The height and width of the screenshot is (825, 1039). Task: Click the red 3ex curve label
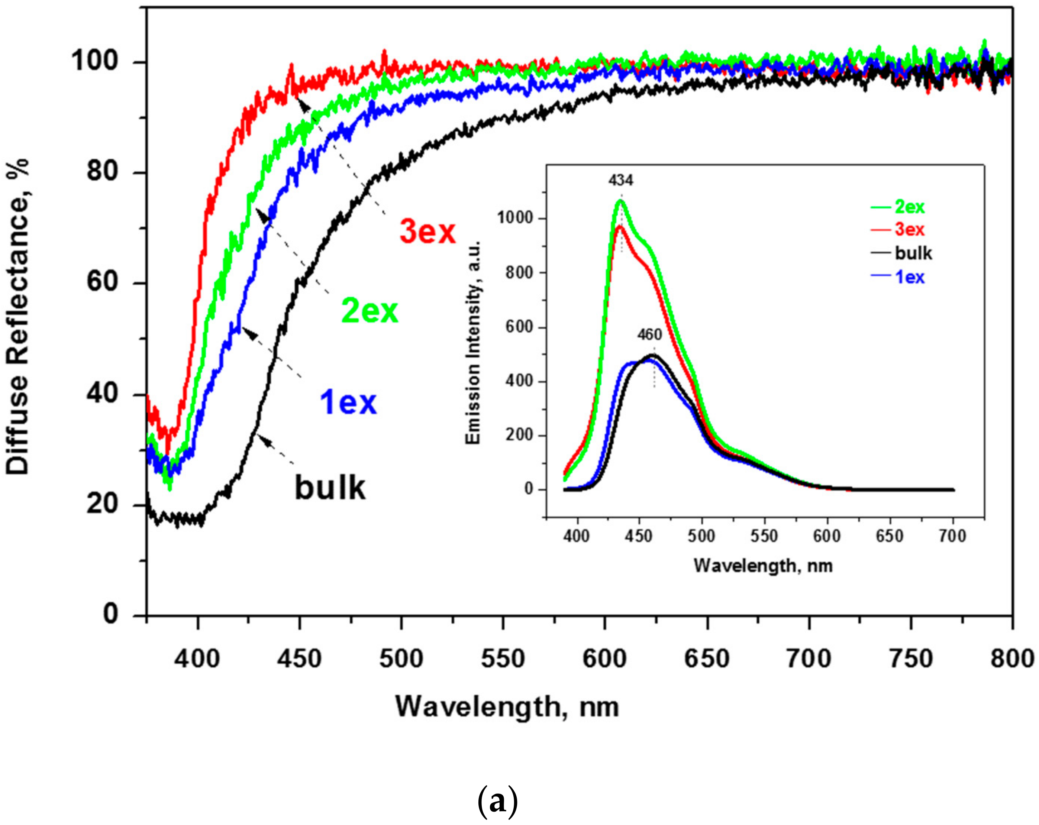point(427,232)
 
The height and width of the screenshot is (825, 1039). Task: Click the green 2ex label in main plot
point(370,311)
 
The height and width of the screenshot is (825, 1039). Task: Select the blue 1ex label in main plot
point(348,402)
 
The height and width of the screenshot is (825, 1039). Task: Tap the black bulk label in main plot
point(330,487)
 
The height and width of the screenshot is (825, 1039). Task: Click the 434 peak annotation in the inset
point(621,181)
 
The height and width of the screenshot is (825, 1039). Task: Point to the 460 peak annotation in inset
point(650,334)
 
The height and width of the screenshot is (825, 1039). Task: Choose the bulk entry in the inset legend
point(913,253)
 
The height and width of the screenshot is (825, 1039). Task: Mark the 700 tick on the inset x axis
point(953,536)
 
